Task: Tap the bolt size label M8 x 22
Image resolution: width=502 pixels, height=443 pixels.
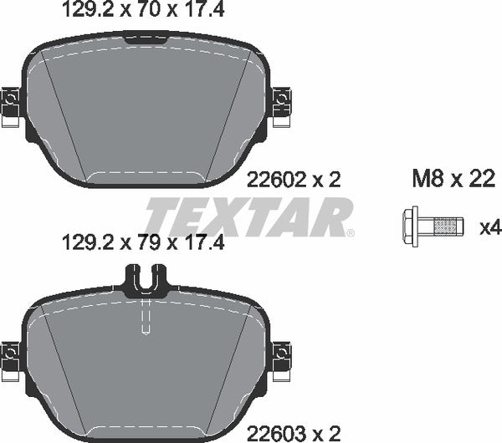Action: (452, 179)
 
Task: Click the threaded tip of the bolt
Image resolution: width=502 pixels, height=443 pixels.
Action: (449, 225)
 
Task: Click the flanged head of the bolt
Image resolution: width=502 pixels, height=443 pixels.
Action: (411, 225)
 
